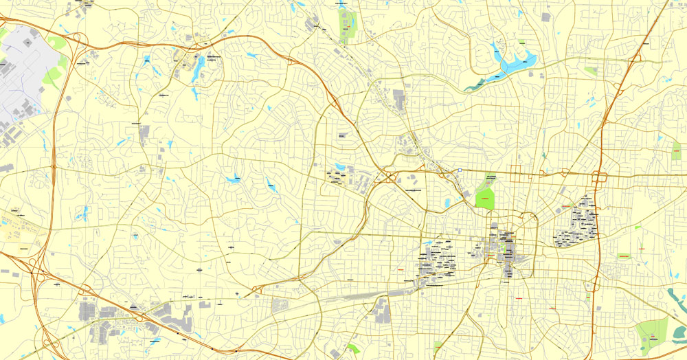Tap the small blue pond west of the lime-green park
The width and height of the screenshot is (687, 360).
pos(447,203)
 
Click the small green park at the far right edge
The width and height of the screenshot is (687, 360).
pos(676,150)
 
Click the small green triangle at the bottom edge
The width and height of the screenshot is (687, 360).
pos(353,348)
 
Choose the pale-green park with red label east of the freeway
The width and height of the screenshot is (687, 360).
pos(624,256)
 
